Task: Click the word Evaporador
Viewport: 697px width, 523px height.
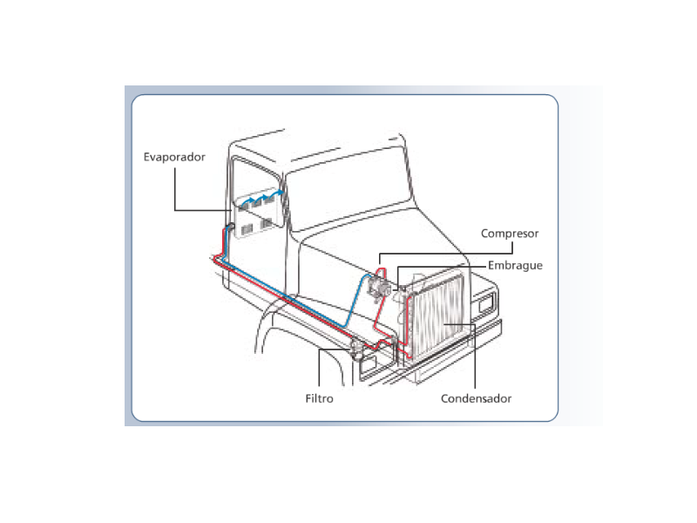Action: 174,157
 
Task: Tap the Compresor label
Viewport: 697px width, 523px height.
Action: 510,234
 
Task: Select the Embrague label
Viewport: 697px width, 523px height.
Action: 515,266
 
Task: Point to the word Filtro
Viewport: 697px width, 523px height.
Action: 319,398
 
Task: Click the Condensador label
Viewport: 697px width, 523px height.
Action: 476,398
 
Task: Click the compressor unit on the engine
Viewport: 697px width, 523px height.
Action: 379,287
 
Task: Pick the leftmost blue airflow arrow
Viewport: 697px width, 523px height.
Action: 247,201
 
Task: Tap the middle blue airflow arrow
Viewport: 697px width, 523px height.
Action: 261,198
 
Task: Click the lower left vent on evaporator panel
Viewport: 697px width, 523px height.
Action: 247,229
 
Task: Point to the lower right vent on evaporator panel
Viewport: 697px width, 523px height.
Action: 267,222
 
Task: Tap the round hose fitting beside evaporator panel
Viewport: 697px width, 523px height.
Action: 231,227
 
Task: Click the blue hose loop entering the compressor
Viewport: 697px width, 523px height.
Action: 355,302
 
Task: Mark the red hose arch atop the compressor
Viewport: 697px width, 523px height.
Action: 381,272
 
